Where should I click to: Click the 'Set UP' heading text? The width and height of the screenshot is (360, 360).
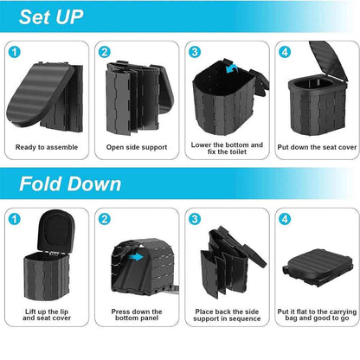55,17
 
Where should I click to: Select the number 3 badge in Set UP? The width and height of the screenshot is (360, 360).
195,51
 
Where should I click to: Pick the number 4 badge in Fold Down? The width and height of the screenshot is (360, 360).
284,218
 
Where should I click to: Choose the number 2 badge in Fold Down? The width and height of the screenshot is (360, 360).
105,218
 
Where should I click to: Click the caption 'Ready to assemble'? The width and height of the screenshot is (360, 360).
47,147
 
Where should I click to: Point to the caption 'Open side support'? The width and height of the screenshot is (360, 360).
135,147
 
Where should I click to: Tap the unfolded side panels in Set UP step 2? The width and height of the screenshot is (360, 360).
135,91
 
